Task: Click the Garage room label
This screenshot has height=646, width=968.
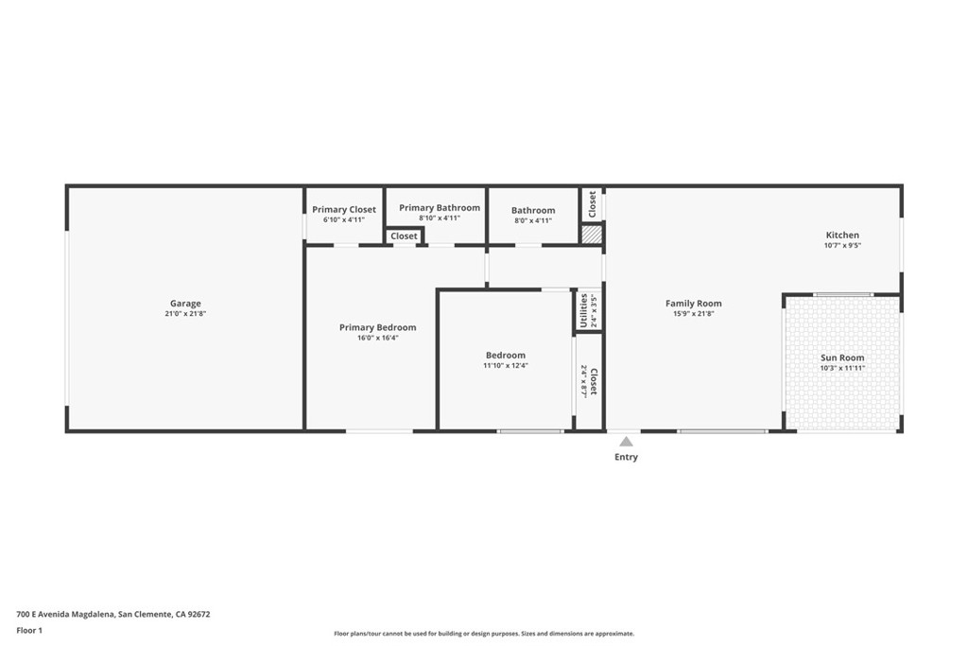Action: coord(185,304)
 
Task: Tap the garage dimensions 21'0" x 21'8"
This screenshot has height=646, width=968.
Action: coord(185,313)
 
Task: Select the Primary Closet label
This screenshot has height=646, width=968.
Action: coord(344,209)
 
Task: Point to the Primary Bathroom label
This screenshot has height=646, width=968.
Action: coord(440,207)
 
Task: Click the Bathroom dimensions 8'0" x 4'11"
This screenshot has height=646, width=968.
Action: coord(533,220)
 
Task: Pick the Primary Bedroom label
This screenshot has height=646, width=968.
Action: coord(377,327)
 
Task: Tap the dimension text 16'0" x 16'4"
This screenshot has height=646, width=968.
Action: coord(377,338)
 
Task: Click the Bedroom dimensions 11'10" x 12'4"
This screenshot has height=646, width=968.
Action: coord(506,365)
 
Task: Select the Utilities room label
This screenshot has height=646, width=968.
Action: coord(584,310)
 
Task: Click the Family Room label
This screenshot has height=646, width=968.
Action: coord(694,304)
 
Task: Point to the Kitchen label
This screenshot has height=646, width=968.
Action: coord(842,235)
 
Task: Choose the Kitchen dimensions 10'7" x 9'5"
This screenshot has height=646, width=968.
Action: coord(842,245)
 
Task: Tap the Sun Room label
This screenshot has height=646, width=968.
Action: coord(842,358)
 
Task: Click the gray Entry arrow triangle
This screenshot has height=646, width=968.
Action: coord(626,441)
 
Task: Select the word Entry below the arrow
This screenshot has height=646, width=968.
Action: coord(626,457)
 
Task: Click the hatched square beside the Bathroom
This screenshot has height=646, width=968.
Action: coord(591,234)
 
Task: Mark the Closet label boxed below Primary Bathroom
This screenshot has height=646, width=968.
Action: coord(404,236)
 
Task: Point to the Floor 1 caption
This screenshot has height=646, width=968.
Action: coord(29,630)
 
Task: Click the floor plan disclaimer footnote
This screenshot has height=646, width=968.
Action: coord(483,634)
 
